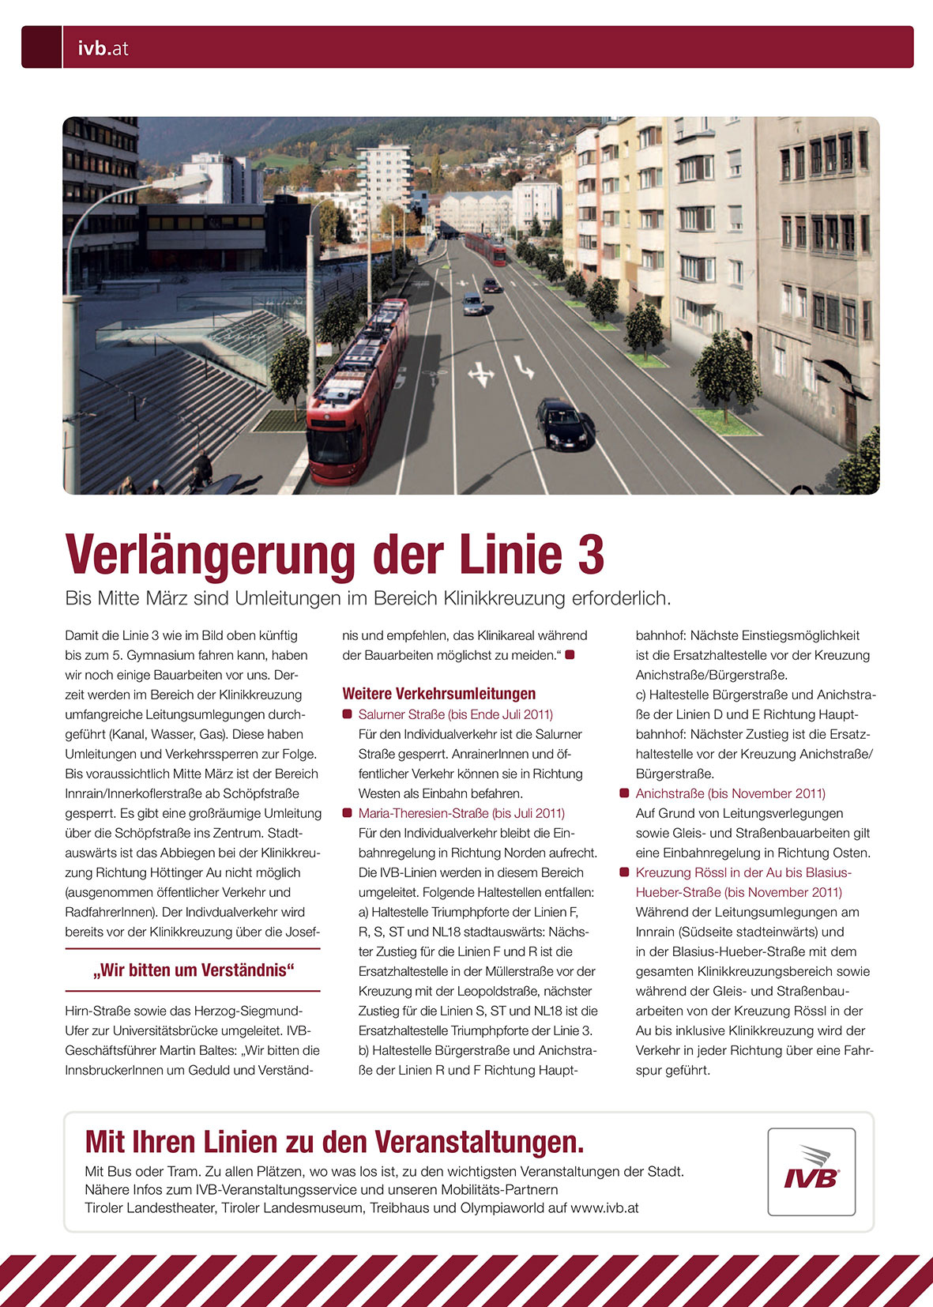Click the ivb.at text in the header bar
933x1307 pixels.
point(103,48)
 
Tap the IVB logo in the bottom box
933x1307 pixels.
point(811,1171)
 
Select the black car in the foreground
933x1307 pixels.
point(562,424)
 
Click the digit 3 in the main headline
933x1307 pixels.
point(590,555)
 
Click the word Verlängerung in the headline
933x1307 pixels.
point(211,556)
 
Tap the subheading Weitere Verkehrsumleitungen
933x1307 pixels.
point(438,694)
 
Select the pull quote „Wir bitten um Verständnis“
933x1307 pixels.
point(193,970)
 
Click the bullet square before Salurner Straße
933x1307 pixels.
point(347,714)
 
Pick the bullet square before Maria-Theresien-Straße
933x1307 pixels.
point(347,813)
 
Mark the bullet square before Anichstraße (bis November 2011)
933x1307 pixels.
point(624,793)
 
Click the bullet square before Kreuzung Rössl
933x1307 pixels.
point(624,872)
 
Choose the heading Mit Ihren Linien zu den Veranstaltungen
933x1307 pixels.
point(334,1142)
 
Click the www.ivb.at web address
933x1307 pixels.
point(604,1208)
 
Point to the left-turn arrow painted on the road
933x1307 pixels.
point(524,366)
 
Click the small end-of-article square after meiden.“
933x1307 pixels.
point(570,655)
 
